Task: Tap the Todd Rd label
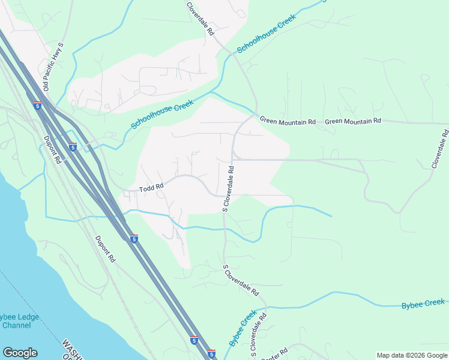[x=151, y=188]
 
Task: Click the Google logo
[x=20, y=353]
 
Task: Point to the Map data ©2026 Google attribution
[x=411, y=355]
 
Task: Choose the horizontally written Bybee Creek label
[x=423, y=304]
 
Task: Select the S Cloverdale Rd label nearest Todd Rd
[x=229, y=189]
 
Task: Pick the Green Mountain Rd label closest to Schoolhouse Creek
[x=288, y=121]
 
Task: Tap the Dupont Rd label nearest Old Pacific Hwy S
[x=53, y=149]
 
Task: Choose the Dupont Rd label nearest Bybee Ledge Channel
[x=104, y=249]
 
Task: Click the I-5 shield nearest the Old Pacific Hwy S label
[x=38, y=106]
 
